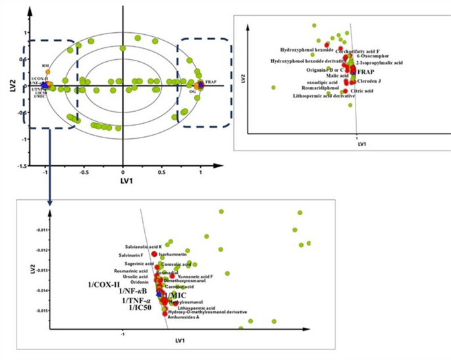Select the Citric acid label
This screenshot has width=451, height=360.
coord(361,91)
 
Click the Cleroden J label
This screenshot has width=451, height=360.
coord(367,81)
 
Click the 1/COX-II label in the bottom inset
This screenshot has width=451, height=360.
coord(105,284)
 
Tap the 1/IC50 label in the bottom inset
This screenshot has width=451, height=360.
coord(142,307)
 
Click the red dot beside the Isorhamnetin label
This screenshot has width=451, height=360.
coord(154,254)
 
